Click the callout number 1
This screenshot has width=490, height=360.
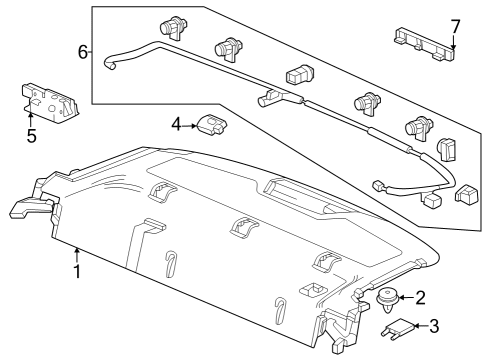(77, 271)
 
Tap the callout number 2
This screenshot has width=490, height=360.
(421, 297)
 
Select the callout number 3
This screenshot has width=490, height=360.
(434, 326)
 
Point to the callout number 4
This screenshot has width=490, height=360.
(177, 125)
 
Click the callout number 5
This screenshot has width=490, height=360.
(31, 136)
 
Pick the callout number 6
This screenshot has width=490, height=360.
(83, 52)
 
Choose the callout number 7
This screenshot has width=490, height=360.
(455, 27)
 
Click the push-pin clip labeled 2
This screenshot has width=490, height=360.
(388, 300)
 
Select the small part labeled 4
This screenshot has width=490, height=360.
(212, 125)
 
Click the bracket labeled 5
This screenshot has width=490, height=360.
(50, 101)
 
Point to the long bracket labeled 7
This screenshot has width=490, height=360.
(425, 44)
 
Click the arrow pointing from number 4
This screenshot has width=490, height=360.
(190, 126)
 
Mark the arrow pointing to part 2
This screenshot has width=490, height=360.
(407, 297)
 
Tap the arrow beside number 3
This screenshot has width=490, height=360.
(421, 326)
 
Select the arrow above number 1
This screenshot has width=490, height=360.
(77, 255)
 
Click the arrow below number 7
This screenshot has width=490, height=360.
(453, 42)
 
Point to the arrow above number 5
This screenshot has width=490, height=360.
(30, 120)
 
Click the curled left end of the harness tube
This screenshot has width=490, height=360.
(110, 64)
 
